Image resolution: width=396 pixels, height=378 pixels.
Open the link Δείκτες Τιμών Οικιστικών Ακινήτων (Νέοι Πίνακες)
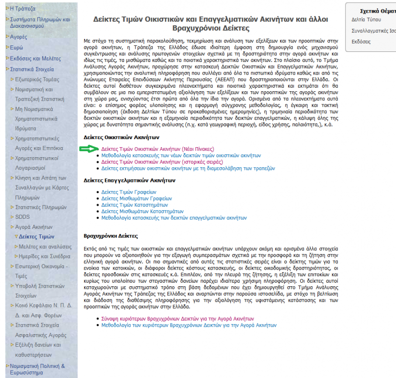pos(157,149)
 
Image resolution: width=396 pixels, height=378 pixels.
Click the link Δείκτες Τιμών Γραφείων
pos(128,192)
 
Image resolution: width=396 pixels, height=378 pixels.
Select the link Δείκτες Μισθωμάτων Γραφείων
pos(136,199)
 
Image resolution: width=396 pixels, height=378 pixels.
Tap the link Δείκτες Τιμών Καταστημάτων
pos(135,205)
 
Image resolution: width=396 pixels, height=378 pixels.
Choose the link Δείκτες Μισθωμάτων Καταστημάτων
pos(142,212)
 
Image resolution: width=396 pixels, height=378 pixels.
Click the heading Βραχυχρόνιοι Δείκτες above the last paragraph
pos(111,236)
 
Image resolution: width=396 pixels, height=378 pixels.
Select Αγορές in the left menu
pos(19,36)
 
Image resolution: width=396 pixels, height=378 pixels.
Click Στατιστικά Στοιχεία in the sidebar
pos(32,69)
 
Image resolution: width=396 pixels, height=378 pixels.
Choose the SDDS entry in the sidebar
pos(22,217)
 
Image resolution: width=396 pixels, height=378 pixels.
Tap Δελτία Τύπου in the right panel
pos(366,20)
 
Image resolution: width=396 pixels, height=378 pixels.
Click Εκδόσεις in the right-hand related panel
pos(361,41)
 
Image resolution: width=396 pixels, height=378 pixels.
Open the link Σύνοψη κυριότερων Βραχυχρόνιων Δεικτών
pos(178,319)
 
